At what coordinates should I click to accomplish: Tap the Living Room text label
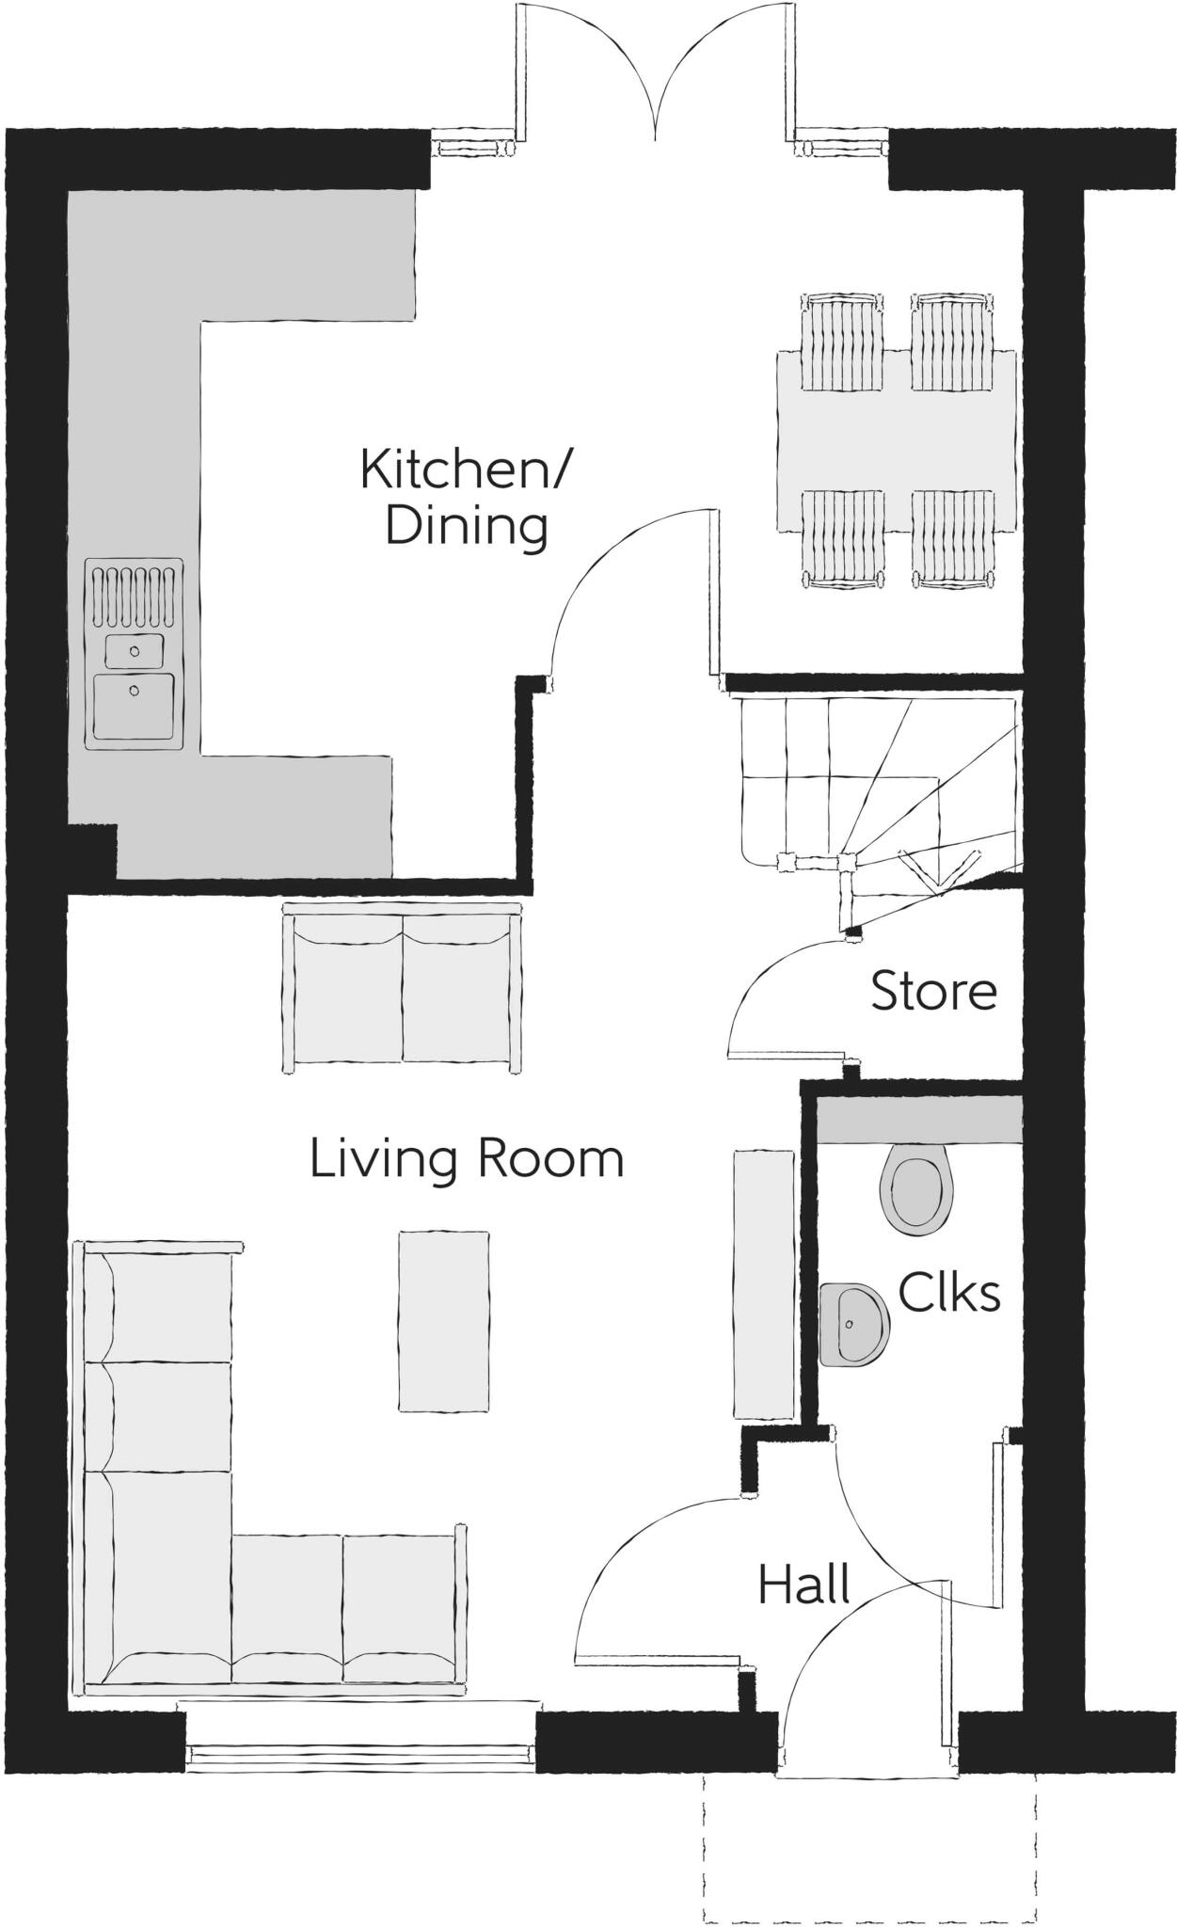click(467, 1158)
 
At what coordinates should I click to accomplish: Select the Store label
click(933, 992)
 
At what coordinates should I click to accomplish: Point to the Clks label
click(948, 1293)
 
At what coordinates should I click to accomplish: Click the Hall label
click(804, 1585)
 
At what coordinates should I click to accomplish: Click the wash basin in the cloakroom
click(852, 1326)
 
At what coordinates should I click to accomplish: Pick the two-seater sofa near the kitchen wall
click(402, 987)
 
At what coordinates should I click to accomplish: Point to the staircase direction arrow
click(937, 871)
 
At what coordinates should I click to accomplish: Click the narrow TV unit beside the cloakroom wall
click(763, 1284)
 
